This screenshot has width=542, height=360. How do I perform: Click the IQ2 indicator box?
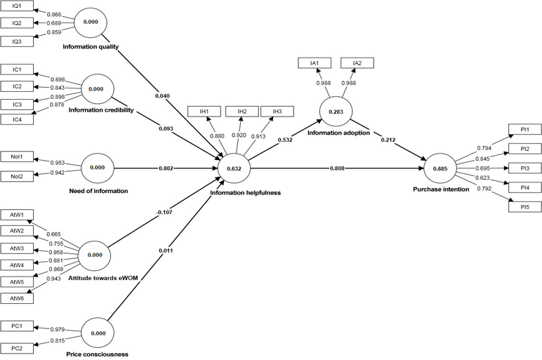pyautogui.click(x=17, y=23)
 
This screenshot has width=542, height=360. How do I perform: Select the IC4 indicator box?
pyautogui.click(x=17, y=120)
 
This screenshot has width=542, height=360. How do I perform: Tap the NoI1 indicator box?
pyautogui.click(x=17, y=157)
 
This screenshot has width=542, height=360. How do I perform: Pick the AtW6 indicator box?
pyautogui.click(x=17, y=298)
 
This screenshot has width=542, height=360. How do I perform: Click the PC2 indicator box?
pyautogui.click(x=17, y=348)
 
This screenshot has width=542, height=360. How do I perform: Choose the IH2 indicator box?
pyautogui.click(x=242, y=112)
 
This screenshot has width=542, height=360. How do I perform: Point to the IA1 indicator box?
pyautogui.click(x=315, y=63)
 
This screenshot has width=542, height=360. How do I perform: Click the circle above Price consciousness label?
pyautogui.click(x=98, y=333)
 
